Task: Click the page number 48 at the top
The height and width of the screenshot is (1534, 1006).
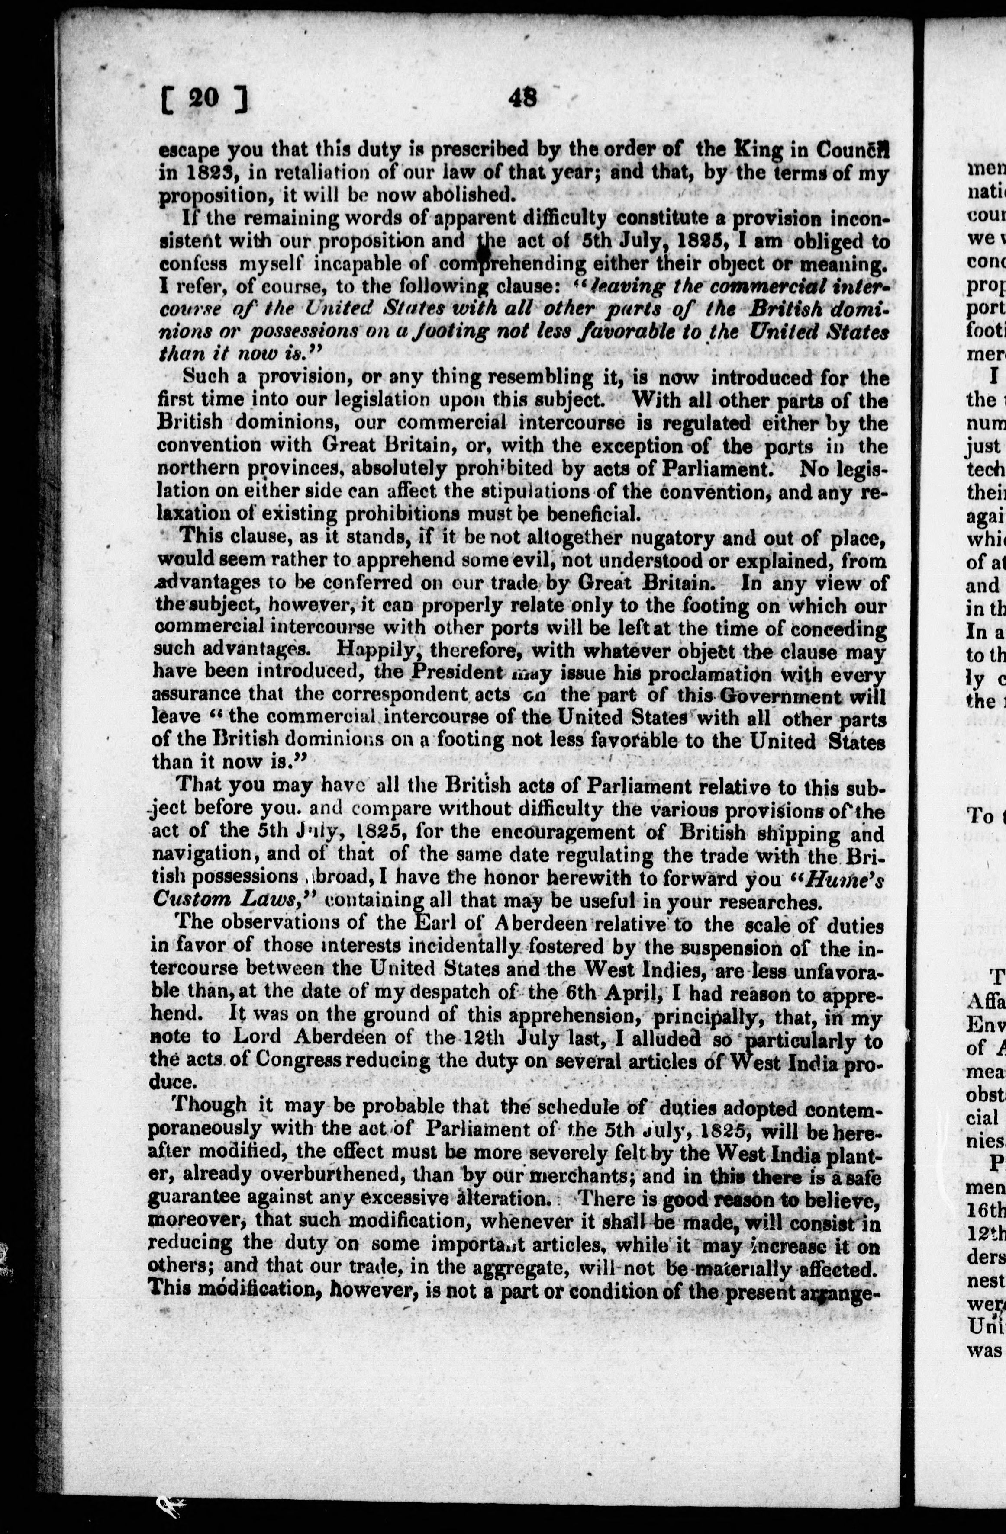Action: [522, 97]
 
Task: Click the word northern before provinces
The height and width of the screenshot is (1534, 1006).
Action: [196, 469]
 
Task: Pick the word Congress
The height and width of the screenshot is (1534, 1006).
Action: [319, 1060]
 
